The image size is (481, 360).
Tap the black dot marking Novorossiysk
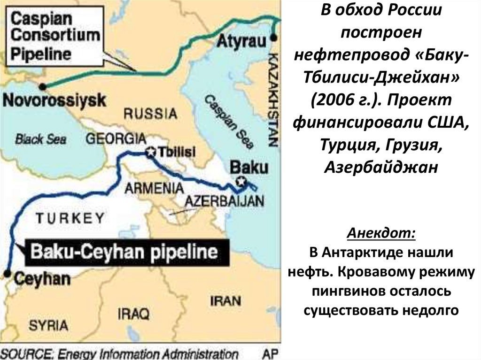[43, 86]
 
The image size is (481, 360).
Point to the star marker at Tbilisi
[151, 152]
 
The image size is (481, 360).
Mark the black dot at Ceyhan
[7, 273]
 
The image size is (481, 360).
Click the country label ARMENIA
[154, 188]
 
